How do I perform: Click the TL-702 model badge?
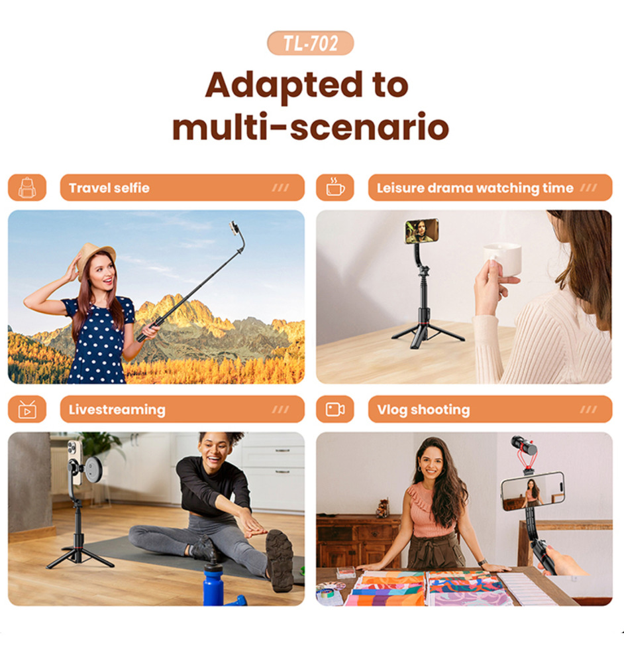[x=310, y=42]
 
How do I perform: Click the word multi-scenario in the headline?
[x=311, y=127]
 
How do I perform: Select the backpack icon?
[x=27, y=188]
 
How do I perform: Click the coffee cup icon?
[x=335, y=188]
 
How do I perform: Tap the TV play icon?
[x=27, y=409]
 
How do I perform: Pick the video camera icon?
[x=335, y=409]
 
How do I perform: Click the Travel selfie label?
[x=109, y=188]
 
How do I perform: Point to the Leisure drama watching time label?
[x=475, y=188]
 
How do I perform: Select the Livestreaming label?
[x=117, y=410]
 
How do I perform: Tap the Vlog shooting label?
[x=423, y=410]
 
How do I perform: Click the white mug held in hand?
[x=503, y=259]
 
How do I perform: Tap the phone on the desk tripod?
[x=422, y=231]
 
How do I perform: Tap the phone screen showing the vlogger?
[x=533, y=491]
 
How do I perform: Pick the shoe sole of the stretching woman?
[x=280, y=561]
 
